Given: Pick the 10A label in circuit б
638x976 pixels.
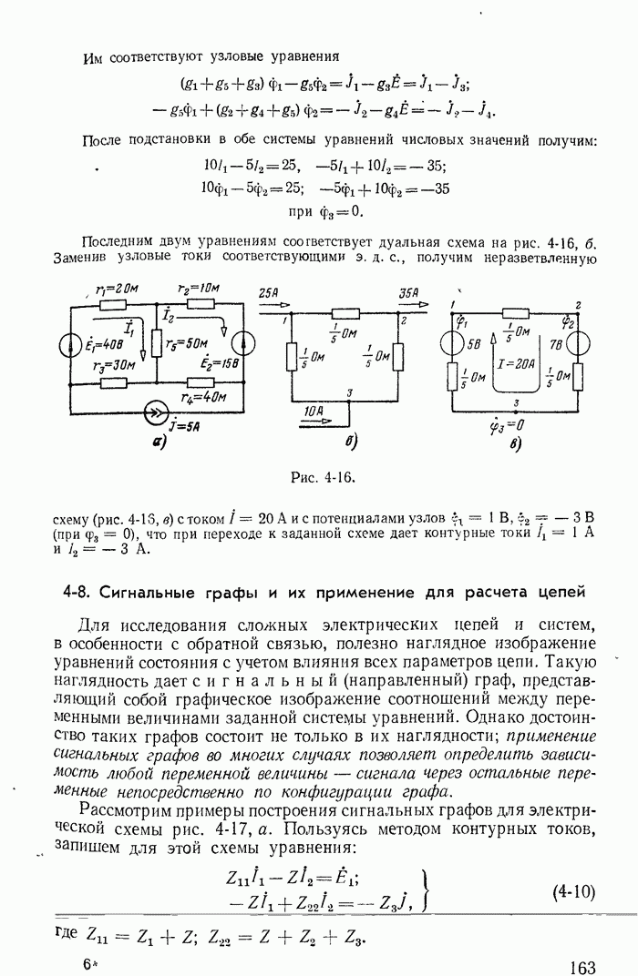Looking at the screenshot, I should (315, 411).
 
